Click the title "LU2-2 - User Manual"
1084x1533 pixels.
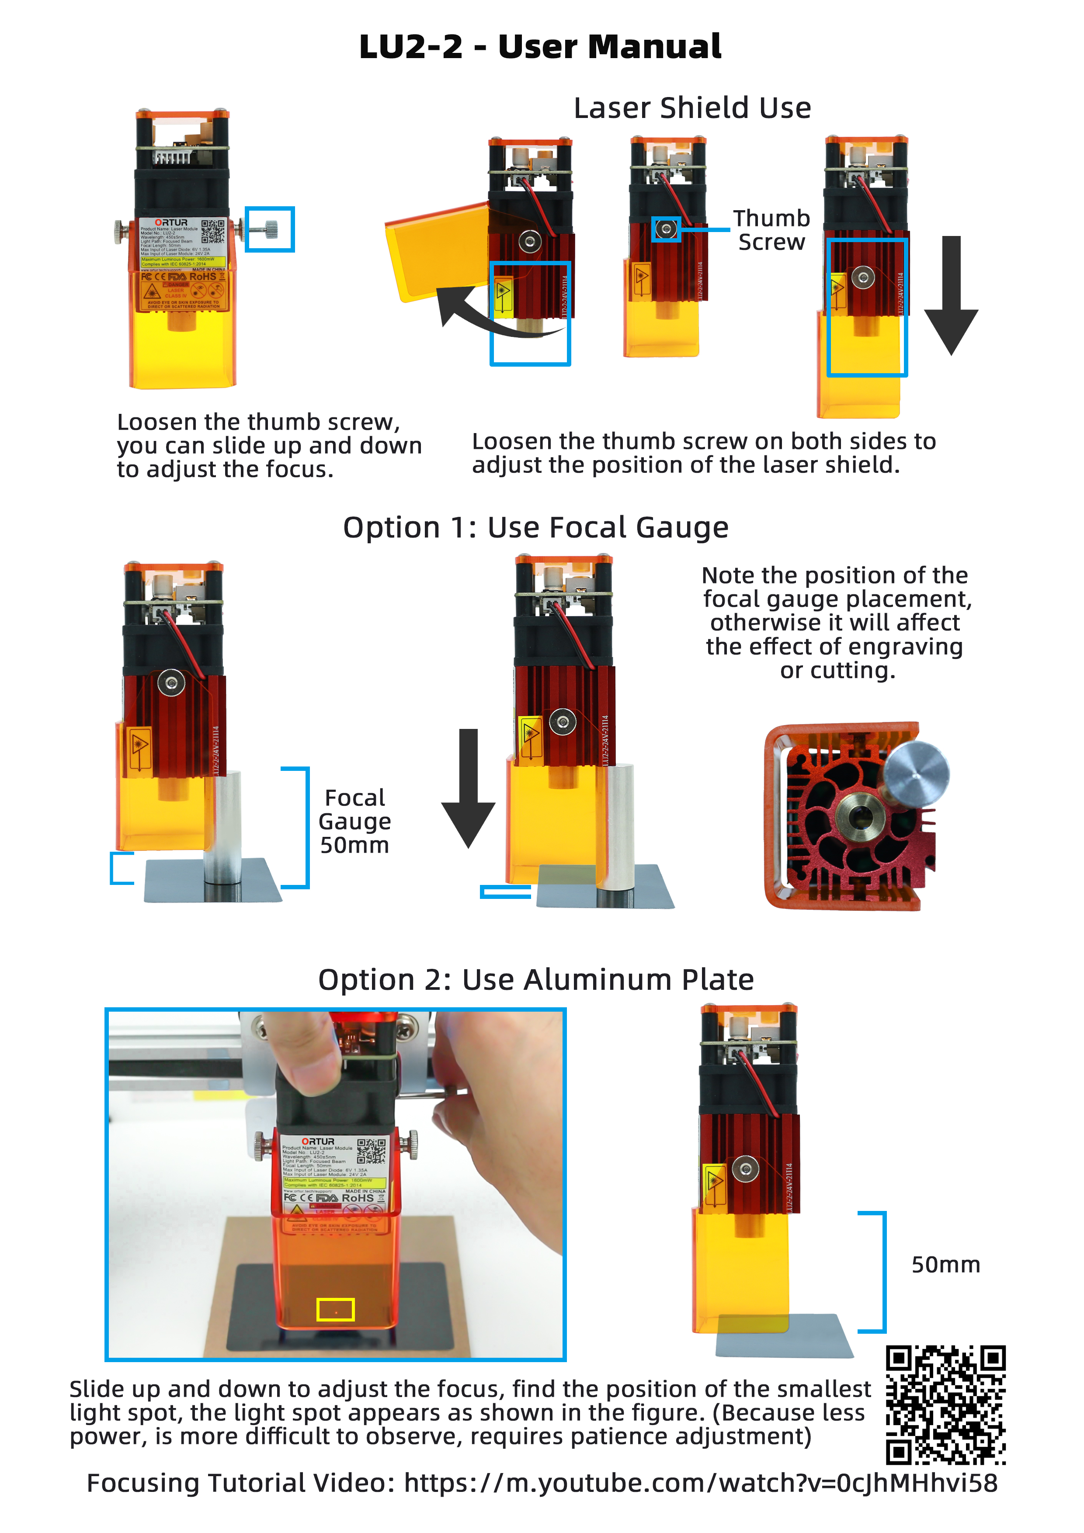(x=540, y=47)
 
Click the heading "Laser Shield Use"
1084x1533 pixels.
(x=692, y=108)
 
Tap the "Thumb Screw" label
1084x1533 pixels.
(x=771, y=230)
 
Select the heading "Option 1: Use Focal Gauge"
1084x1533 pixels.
(x=535, y=527)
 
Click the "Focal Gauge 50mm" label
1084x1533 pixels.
(x=354, y=821)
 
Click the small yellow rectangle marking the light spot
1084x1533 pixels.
(x=335, y=1309)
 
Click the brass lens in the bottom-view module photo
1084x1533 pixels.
(x=860, y=815)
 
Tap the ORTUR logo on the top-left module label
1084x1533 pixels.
(x=171, y=222)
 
